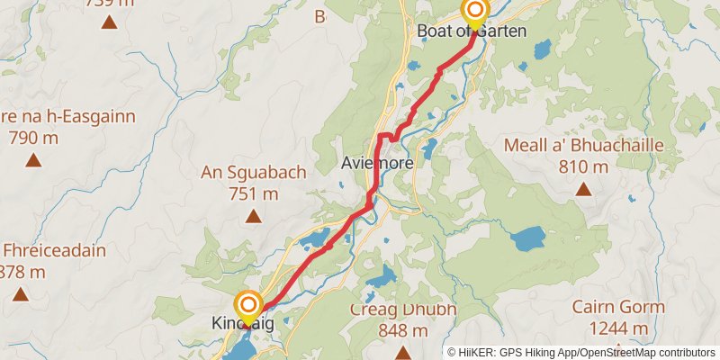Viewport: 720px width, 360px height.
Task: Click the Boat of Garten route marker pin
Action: pos(473,12)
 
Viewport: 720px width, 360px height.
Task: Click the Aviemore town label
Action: pos(377,164)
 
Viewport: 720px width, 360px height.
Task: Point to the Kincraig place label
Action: pos(242,323)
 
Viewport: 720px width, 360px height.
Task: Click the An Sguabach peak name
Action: pos(254,173)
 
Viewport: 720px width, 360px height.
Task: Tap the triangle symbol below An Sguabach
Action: pos(254,215)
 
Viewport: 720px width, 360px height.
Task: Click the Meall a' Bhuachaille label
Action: pos(583,146)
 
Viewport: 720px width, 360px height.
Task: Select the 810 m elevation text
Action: pos(583,166)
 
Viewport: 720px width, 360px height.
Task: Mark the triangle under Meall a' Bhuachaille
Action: pos(583,189)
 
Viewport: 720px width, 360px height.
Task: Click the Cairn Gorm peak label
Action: pos(618,308)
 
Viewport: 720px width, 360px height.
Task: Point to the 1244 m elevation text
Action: pos(618,328)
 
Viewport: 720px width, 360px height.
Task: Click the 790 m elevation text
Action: pos(33,138)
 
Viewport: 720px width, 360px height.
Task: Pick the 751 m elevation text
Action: pos(254,193)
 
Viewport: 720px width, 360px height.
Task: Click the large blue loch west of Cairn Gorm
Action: pos(526,238)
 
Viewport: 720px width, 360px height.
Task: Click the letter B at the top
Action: pos(319,15)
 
